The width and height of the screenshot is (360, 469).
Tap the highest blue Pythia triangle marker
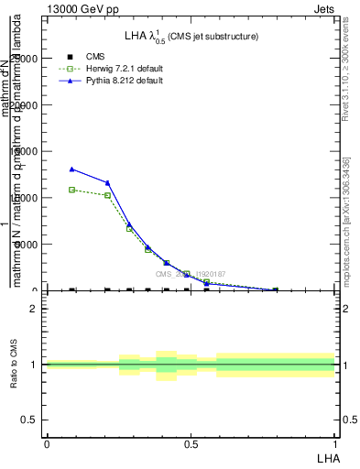tap(72, 169)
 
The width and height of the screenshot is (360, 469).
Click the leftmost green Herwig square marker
tap(72, 190)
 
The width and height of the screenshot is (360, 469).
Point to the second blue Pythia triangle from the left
tap(108, 183)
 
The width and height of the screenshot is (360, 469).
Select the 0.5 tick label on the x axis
tap(191, 444)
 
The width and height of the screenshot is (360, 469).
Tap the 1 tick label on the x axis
tap(335, 444)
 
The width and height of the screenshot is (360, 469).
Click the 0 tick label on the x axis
tap(47, 444)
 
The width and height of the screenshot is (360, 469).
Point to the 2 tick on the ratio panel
tap(34, 309)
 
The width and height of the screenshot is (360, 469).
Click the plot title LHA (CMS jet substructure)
tap(191, 37)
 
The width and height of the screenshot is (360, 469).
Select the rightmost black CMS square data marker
tap(275, 290)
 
